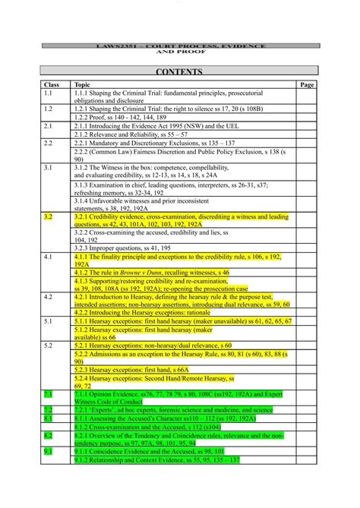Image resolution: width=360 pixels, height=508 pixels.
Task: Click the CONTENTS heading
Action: pos(179,72)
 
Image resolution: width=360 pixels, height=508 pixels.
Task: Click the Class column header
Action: pos(52,85)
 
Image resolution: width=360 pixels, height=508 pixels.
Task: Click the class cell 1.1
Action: pos(49,93)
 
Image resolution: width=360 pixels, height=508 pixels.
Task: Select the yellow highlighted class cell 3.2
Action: pos(49,216)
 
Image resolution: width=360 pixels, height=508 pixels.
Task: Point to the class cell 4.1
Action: pos(49,257)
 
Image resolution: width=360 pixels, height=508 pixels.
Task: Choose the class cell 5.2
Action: pos(49,345)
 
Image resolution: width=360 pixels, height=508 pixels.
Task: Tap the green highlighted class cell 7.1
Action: pos(49,394)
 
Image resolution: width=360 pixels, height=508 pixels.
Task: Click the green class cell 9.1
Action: pos(49,451)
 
